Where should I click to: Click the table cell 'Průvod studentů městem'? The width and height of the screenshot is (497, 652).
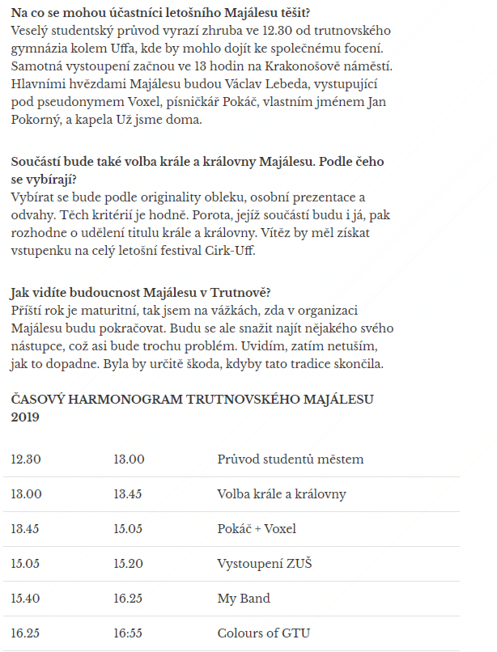tap(290, 459)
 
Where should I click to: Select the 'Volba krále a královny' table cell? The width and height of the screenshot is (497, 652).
tap(281, 494)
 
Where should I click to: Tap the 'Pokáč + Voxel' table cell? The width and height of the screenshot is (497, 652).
tap(257, 529)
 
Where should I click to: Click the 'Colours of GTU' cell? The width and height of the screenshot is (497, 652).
tap(263, 633)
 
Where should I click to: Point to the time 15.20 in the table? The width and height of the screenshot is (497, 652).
tap(129, 564)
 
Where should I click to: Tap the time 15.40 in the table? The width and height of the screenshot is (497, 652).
tap(26, 599)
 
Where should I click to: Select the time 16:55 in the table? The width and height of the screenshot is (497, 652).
tap(129, 633)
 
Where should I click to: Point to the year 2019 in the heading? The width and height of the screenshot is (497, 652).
tap(26, 417)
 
